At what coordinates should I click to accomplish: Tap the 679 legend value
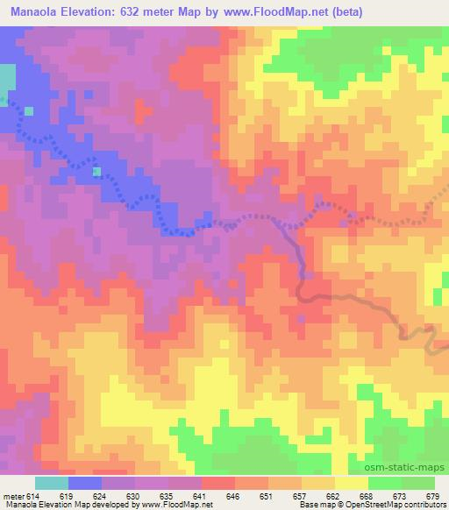pyautogui.click(x=430, y=496)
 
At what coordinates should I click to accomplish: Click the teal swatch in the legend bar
pyautogui.click(x=52, y=483)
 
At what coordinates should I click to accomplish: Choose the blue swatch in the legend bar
pyautogui.click(x=85, y=483)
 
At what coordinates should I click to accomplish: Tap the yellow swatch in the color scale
pyautogui.click(x=352, y=483)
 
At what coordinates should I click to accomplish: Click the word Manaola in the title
pyautogui.click(x=32, y=12)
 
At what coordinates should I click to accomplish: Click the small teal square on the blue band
pyautogui.click(x=97, y=172)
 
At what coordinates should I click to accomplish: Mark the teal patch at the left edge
pyautogui.click(x=7, y=80)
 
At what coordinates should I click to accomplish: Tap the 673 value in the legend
pyautogui.click(x=399, y=496)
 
